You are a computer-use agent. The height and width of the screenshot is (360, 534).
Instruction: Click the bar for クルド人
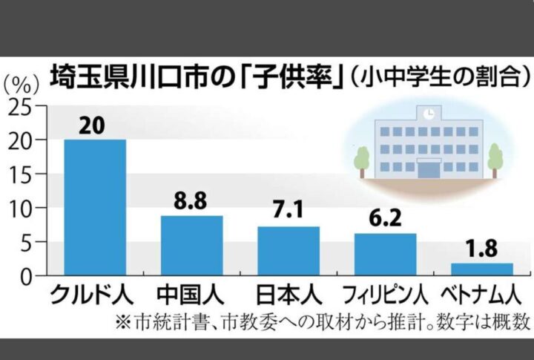click(x=95, y=208)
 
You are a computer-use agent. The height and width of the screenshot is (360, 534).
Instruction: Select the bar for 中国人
click(x=192, y=246)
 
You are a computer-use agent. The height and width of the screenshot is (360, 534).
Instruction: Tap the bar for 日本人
click(x=289, y=252)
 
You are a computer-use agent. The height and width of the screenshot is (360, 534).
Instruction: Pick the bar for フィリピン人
click(x=385, y=255)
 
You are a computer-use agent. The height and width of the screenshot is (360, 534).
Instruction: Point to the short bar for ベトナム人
click(x=481, y=269)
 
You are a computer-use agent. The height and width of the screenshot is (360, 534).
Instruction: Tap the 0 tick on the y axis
click(x=26, y=277)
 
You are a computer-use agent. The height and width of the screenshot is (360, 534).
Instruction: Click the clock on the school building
click(x=428, y=114)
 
